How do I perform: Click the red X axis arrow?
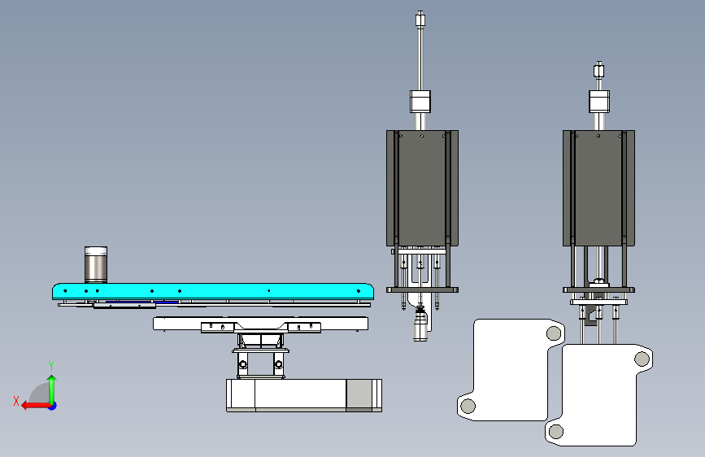pyautogui.click(x=36, y=406)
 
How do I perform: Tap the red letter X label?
pyautogui.click(x=16, y=401)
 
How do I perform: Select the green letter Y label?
pyautogui.click(x=51, y=365)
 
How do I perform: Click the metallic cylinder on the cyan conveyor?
pyautogui.click(x=96, y=264)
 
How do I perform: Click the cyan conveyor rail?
pyautogui.click(x=213, y=291)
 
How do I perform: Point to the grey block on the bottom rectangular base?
pyautogui.click(x=359, y=395)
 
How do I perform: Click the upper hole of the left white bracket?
pyautogui.click(x=554, y=333)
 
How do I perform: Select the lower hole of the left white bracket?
pyautogui.click(x=468, y=406)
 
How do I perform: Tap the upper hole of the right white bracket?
pyautogui.click(x=642, y=359)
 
